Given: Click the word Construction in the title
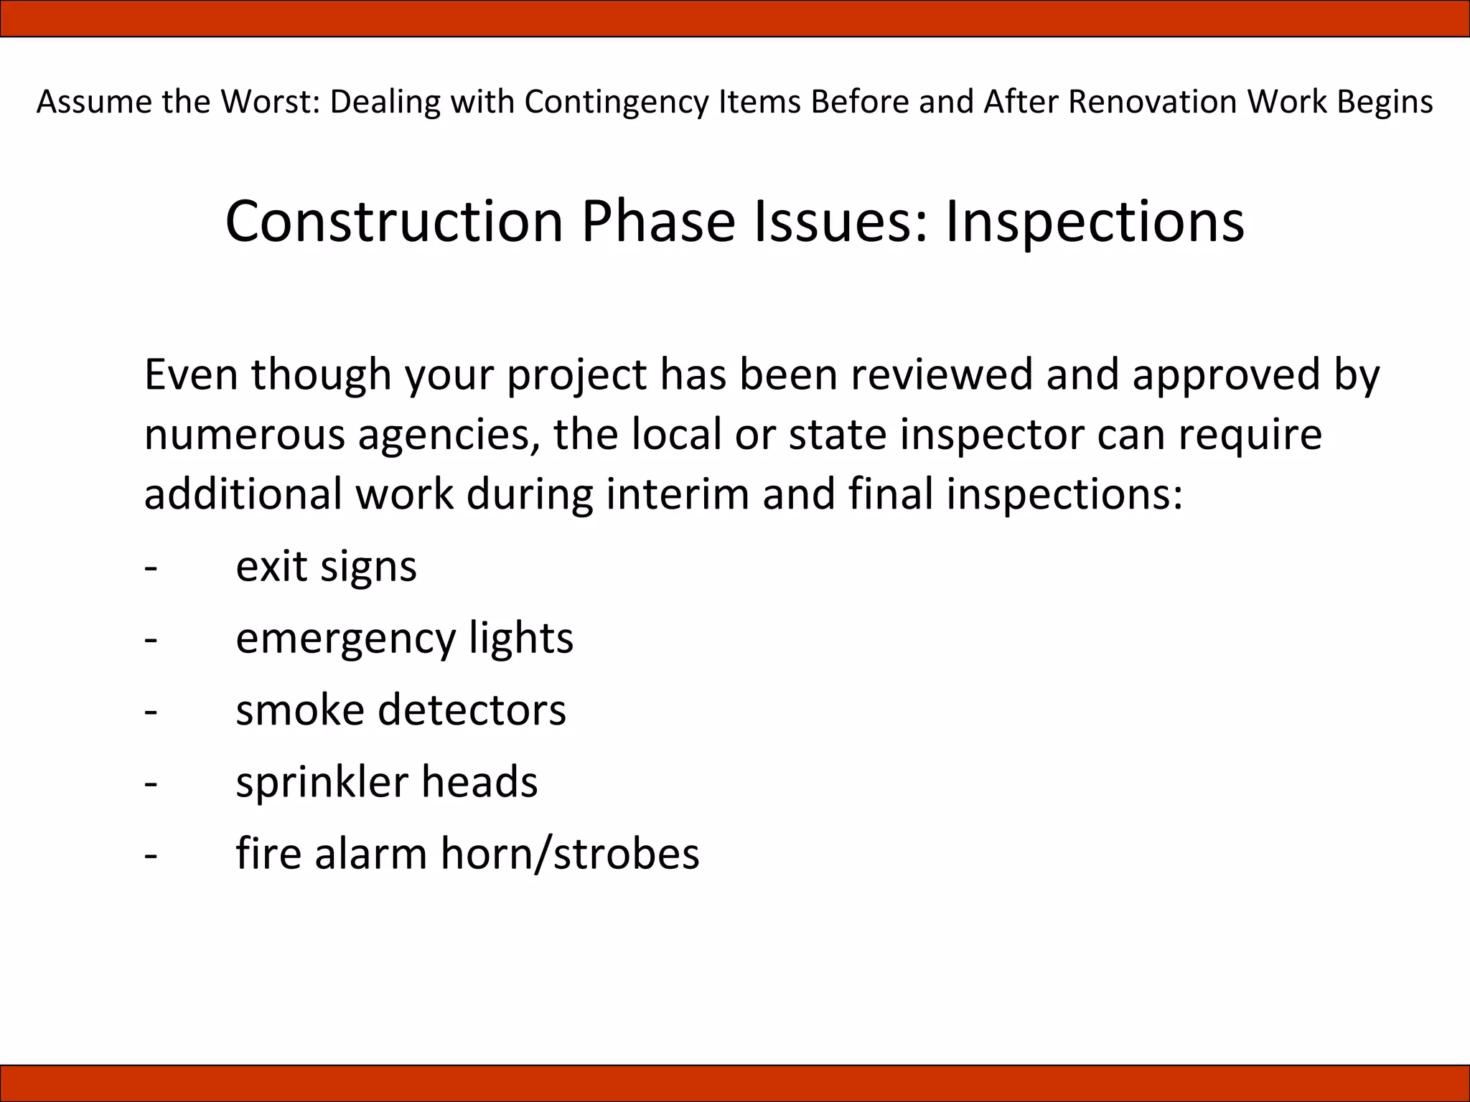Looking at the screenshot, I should [394, 222].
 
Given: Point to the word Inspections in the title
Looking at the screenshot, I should [1095, 222].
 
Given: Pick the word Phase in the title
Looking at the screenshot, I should [658, 222].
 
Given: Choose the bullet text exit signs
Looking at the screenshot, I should [326, 567].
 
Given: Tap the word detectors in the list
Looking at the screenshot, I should [472, 710].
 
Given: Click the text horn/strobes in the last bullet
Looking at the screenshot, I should [570, 854].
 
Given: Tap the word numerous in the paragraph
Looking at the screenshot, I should [244, 435].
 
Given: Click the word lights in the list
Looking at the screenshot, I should [521, 639].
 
